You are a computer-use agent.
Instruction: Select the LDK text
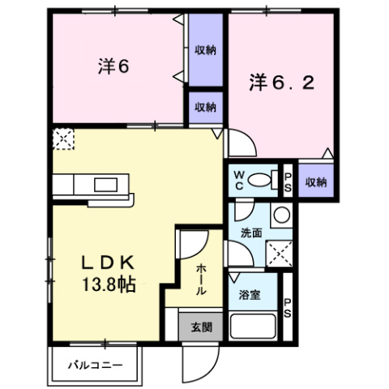click(x=105, y=263)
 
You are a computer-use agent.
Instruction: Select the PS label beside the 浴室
click(x=287, y=309)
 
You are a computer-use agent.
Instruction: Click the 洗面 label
click(x=250, y=232)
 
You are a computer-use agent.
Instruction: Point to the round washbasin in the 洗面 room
click(x=280, y=216)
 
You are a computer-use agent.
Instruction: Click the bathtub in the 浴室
click(x=254, y=327)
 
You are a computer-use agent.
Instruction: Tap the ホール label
click(x=199, y=279)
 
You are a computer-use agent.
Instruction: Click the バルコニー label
click(x=95, y=364)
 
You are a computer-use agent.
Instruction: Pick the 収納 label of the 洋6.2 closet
click(x=316, y=182)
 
